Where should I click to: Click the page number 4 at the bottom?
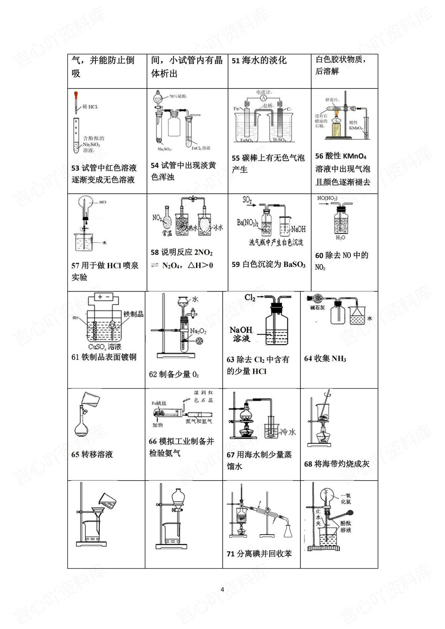(x=222, y=589)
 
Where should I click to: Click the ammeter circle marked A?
(x=263, y=98)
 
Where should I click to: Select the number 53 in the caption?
(x=75, y=168)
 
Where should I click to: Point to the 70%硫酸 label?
(x=178, y=97)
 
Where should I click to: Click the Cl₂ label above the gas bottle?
(x=250, y=298)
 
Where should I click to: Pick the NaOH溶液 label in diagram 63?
(x=241, y=334)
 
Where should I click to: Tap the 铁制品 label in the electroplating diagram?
(x=133, y=314)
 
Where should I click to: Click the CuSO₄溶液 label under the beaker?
(x=104, y=347)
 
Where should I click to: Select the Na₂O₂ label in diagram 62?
(x=198, y=331)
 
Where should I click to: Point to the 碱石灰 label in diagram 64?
(x=318, y=308)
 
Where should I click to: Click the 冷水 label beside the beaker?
(x=288, y=432)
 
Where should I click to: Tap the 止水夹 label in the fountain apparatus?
(x=318, y=518)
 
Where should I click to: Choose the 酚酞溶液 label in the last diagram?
(x=346, y=526)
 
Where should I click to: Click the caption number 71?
(x=230, y=554)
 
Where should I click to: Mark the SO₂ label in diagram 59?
(x=247, y=200)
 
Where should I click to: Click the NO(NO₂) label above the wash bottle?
(x=327, y=198)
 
